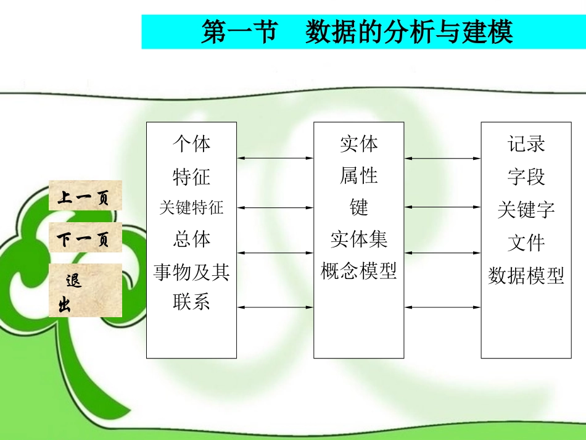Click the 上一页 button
click(85, 197)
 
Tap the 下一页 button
click(85, 240)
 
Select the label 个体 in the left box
click(191, 144)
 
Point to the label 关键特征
click(191, 207)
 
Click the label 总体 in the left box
click(191, 239)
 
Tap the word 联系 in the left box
click(191, 302)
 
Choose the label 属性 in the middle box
click(358, 176)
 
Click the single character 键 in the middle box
click(358, 207)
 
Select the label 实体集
click(358, 239)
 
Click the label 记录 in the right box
click(526, 144)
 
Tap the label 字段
click(526, 177)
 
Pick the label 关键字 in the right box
click(526, 210)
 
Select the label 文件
click(526, 243)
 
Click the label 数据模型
click(526, 275)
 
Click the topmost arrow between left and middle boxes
click(275, 159)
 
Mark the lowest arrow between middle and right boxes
click(442, 307)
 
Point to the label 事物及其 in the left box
click(191, 272)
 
